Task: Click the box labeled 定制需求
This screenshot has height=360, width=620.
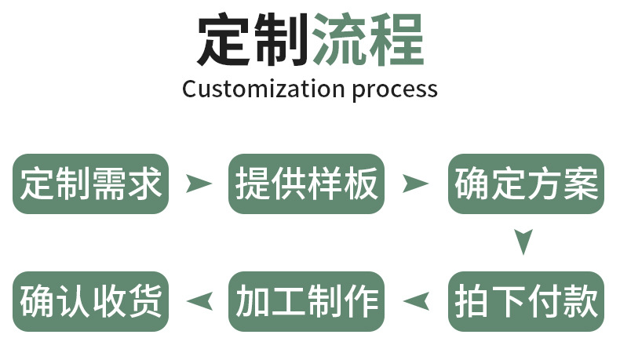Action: [x=90, y=184]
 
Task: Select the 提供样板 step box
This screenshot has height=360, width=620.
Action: [x=306, y=184]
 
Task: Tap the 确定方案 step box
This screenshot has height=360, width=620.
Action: [x=526, y=184]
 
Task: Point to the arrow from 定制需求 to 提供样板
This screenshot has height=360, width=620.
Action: [x=199, y=184]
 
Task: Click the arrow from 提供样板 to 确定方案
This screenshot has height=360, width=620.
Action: [x=415, y=184]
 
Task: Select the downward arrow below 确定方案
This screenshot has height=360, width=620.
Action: [x=524, y=241]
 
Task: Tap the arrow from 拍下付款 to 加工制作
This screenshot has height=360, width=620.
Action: [x=415, y=300]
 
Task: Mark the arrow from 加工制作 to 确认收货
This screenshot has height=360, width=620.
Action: [x=199, y=300]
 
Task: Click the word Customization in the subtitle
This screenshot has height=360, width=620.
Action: [x=263, y=89]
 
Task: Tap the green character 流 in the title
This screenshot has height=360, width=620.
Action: [x=339, y=40]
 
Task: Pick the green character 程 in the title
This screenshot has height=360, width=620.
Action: [x=396, y=40]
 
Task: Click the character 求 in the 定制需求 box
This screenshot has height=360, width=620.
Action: [x=144, y=184]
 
